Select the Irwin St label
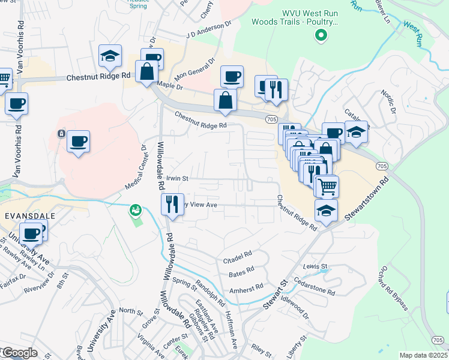[x=177, y=178]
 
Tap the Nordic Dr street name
[x=388, y=102]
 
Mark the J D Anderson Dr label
[x=208, y=31]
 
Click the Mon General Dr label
[x=194, y=70]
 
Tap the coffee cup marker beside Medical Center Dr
[x=78, y=142]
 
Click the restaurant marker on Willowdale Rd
[x=172, y=205]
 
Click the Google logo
[x=19, y=353]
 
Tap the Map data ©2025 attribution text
[x=423, y=355]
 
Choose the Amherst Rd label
[x=246, y=287]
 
